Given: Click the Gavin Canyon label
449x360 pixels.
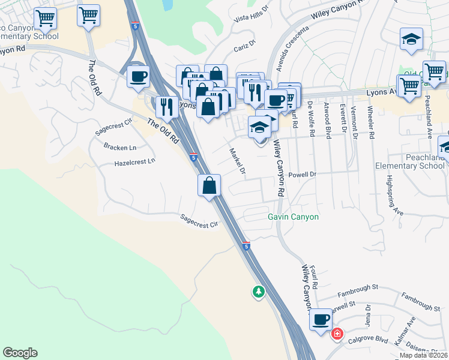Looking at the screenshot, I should click(x=293, y=217).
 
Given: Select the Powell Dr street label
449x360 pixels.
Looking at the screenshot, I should click(x=302, y=175).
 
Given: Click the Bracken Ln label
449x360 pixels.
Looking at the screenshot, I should click(x=116, y=146).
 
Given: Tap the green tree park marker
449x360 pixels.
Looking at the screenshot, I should click(x=258, y=292).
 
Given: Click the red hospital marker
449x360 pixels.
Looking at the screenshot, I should click(x=337, y=333).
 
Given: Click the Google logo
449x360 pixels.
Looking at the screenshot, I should click(x=20, y=353).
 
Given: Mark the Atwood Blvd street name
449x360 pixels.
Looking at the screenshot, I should click(x=327, y=121).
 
